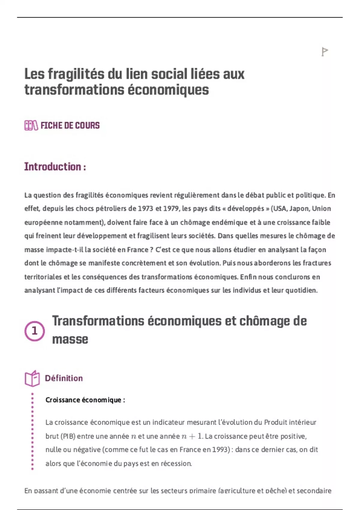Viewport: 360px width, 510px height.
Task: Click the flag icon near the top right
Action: pyautogui.click(x=324, y=52)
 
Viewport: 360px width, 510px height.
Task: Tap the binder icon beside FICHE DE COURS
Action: pyautogui.click(x=31, y=125)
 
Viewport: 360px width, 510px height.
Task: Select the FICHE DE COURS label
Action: pyautogui.click(x=70, y=125)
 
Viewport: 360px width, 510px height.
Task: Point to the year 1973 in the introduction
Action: pyautogui.click(x=145, y=208)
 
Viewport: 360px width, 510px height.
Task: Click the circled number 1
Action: pyautogui.click(x=34, y=331)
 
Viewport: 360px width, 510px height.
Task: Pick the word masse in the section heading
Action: pyautogui.click(x=70, y=339)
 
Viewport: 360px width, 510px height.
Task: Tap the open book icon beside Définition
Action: pyautogui.click(x=32, y=378)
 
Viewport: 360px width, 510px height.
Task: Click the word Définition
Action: pyautogui.click(x=64, y=378)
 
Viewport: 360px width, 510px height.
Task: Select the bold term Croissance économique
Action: pyautogui.click(x=85, y=400)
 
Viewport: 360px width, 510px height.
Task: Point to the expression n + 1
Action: pyautogui.click(x=192, y=436)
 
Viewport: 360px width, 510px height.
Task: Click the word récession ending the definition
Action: pyautogui.click(x=176, y=463)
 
